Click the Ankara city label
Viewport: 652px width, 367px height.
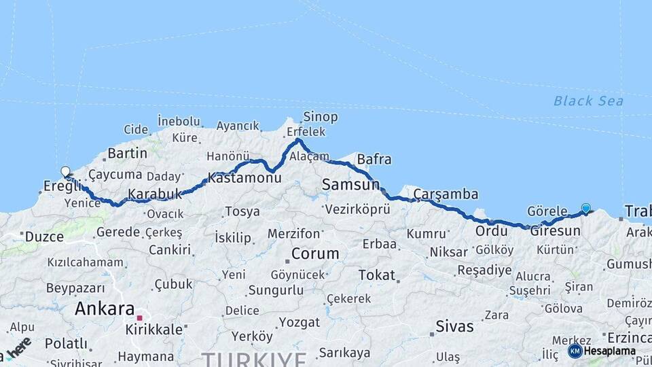coord(105,309)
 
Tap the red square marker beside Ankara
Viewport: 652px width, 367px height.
coord(140,317)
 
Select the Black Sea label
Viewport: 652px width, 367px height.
coord(588,101)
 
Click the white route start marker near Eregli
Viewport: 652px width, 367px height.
coord(65,171)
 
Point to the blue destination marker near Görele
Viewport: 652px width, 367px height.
coord(585,209)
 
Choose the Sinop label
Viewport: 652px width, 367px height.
coord(321,117)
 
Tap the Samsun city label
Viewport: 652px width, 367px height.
coord(350,184)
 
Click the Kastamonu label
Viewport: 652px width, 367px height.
coord(244,178)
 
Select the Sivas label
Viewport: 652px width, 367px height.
coord(455,326)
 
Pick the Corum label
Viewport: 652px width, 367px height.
coord(315,254)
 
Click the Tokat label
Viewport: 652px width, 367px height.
coord(377,275)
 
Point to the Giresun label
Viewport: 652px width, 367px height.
coord(556,231)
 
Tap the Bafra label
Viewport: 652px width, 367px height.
coord(374,160)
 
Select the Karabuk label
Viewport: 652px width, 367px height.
coord(155,194)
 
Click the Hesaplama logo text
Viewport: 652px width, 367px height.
coord(609,351)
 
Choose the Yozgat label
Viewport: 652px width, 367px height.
coord(300,321)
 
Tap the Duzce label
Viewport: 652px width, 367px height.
coord(45,237)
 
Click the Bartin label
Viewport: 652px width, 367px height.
coord(127,154)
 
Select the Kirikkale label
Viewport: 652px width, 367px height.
coord(154,330)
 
